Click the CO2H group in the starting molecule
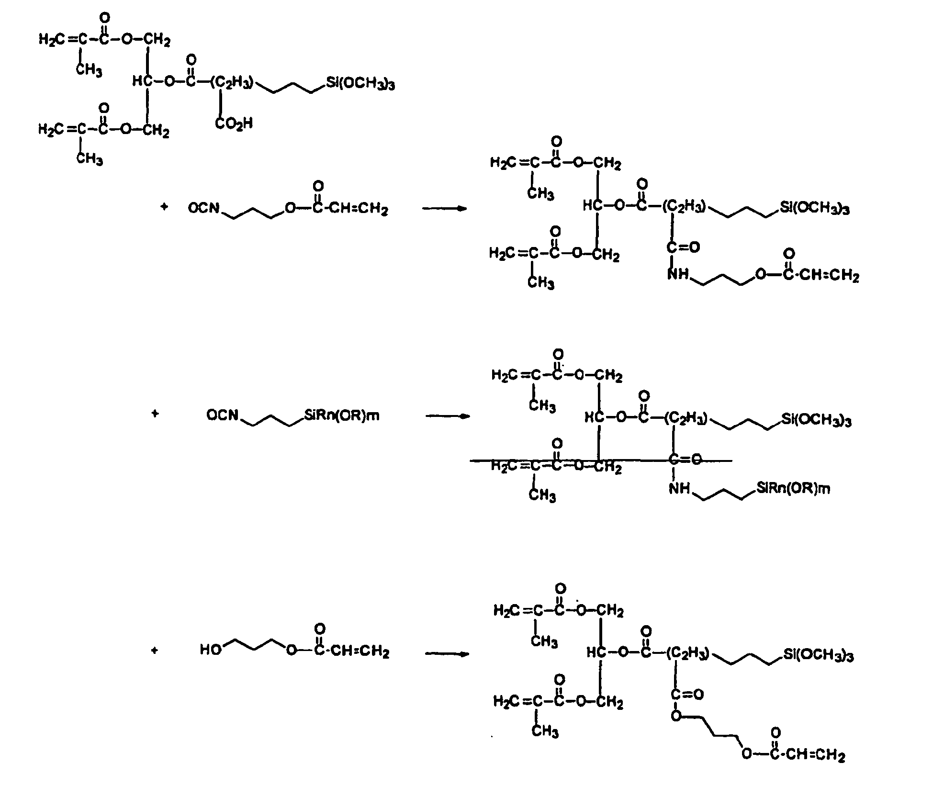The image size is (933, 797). point(234,123)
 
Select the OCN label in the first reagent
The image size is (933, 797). point(204,208)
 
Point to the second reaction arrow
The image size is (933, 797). point(448,416)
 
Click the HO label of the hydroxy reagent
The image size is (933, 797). point(211,650)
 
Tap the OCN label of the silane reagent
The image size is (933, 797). point(223,415)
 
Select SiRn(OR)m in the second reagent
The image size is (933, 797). point(342,415)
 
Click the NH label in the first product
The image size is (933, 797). point(678,274)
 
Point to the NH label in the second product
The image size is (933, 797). point(680,488)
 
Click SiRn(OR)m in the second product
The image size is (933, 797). point(793,488)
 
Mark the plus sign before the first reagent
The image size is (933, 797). point(164,207)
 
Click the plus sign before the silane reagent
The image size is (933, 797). point(155,414)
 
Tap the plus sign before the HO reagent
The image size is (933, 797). point(154,651)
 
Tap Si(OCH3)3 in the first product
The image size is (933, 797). point(815,208)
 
